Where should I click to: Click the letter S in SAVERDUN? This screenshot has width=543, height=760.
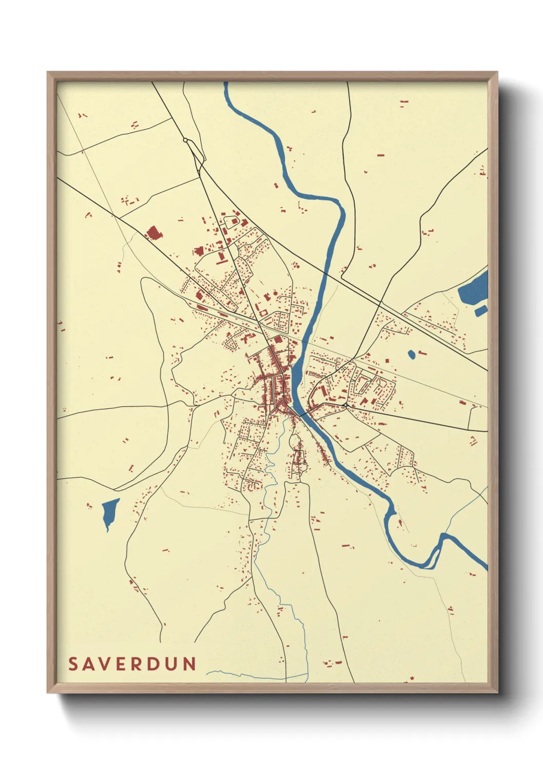[x=73, y=664]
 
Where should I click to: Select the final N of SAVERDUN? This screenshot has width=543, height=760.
[x=190, y=664]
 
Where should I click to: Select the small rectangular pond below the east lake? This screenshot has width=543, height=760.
[x=481, y=310]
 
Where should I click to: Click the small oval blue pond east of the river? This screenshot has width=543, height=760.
[x=411, y=354]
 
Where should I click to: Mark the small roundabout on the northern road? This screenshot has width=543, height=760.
[x=185, y=140]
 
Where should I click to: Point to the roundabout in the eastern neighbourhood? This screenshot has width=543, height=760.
[x=346, y=406]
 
